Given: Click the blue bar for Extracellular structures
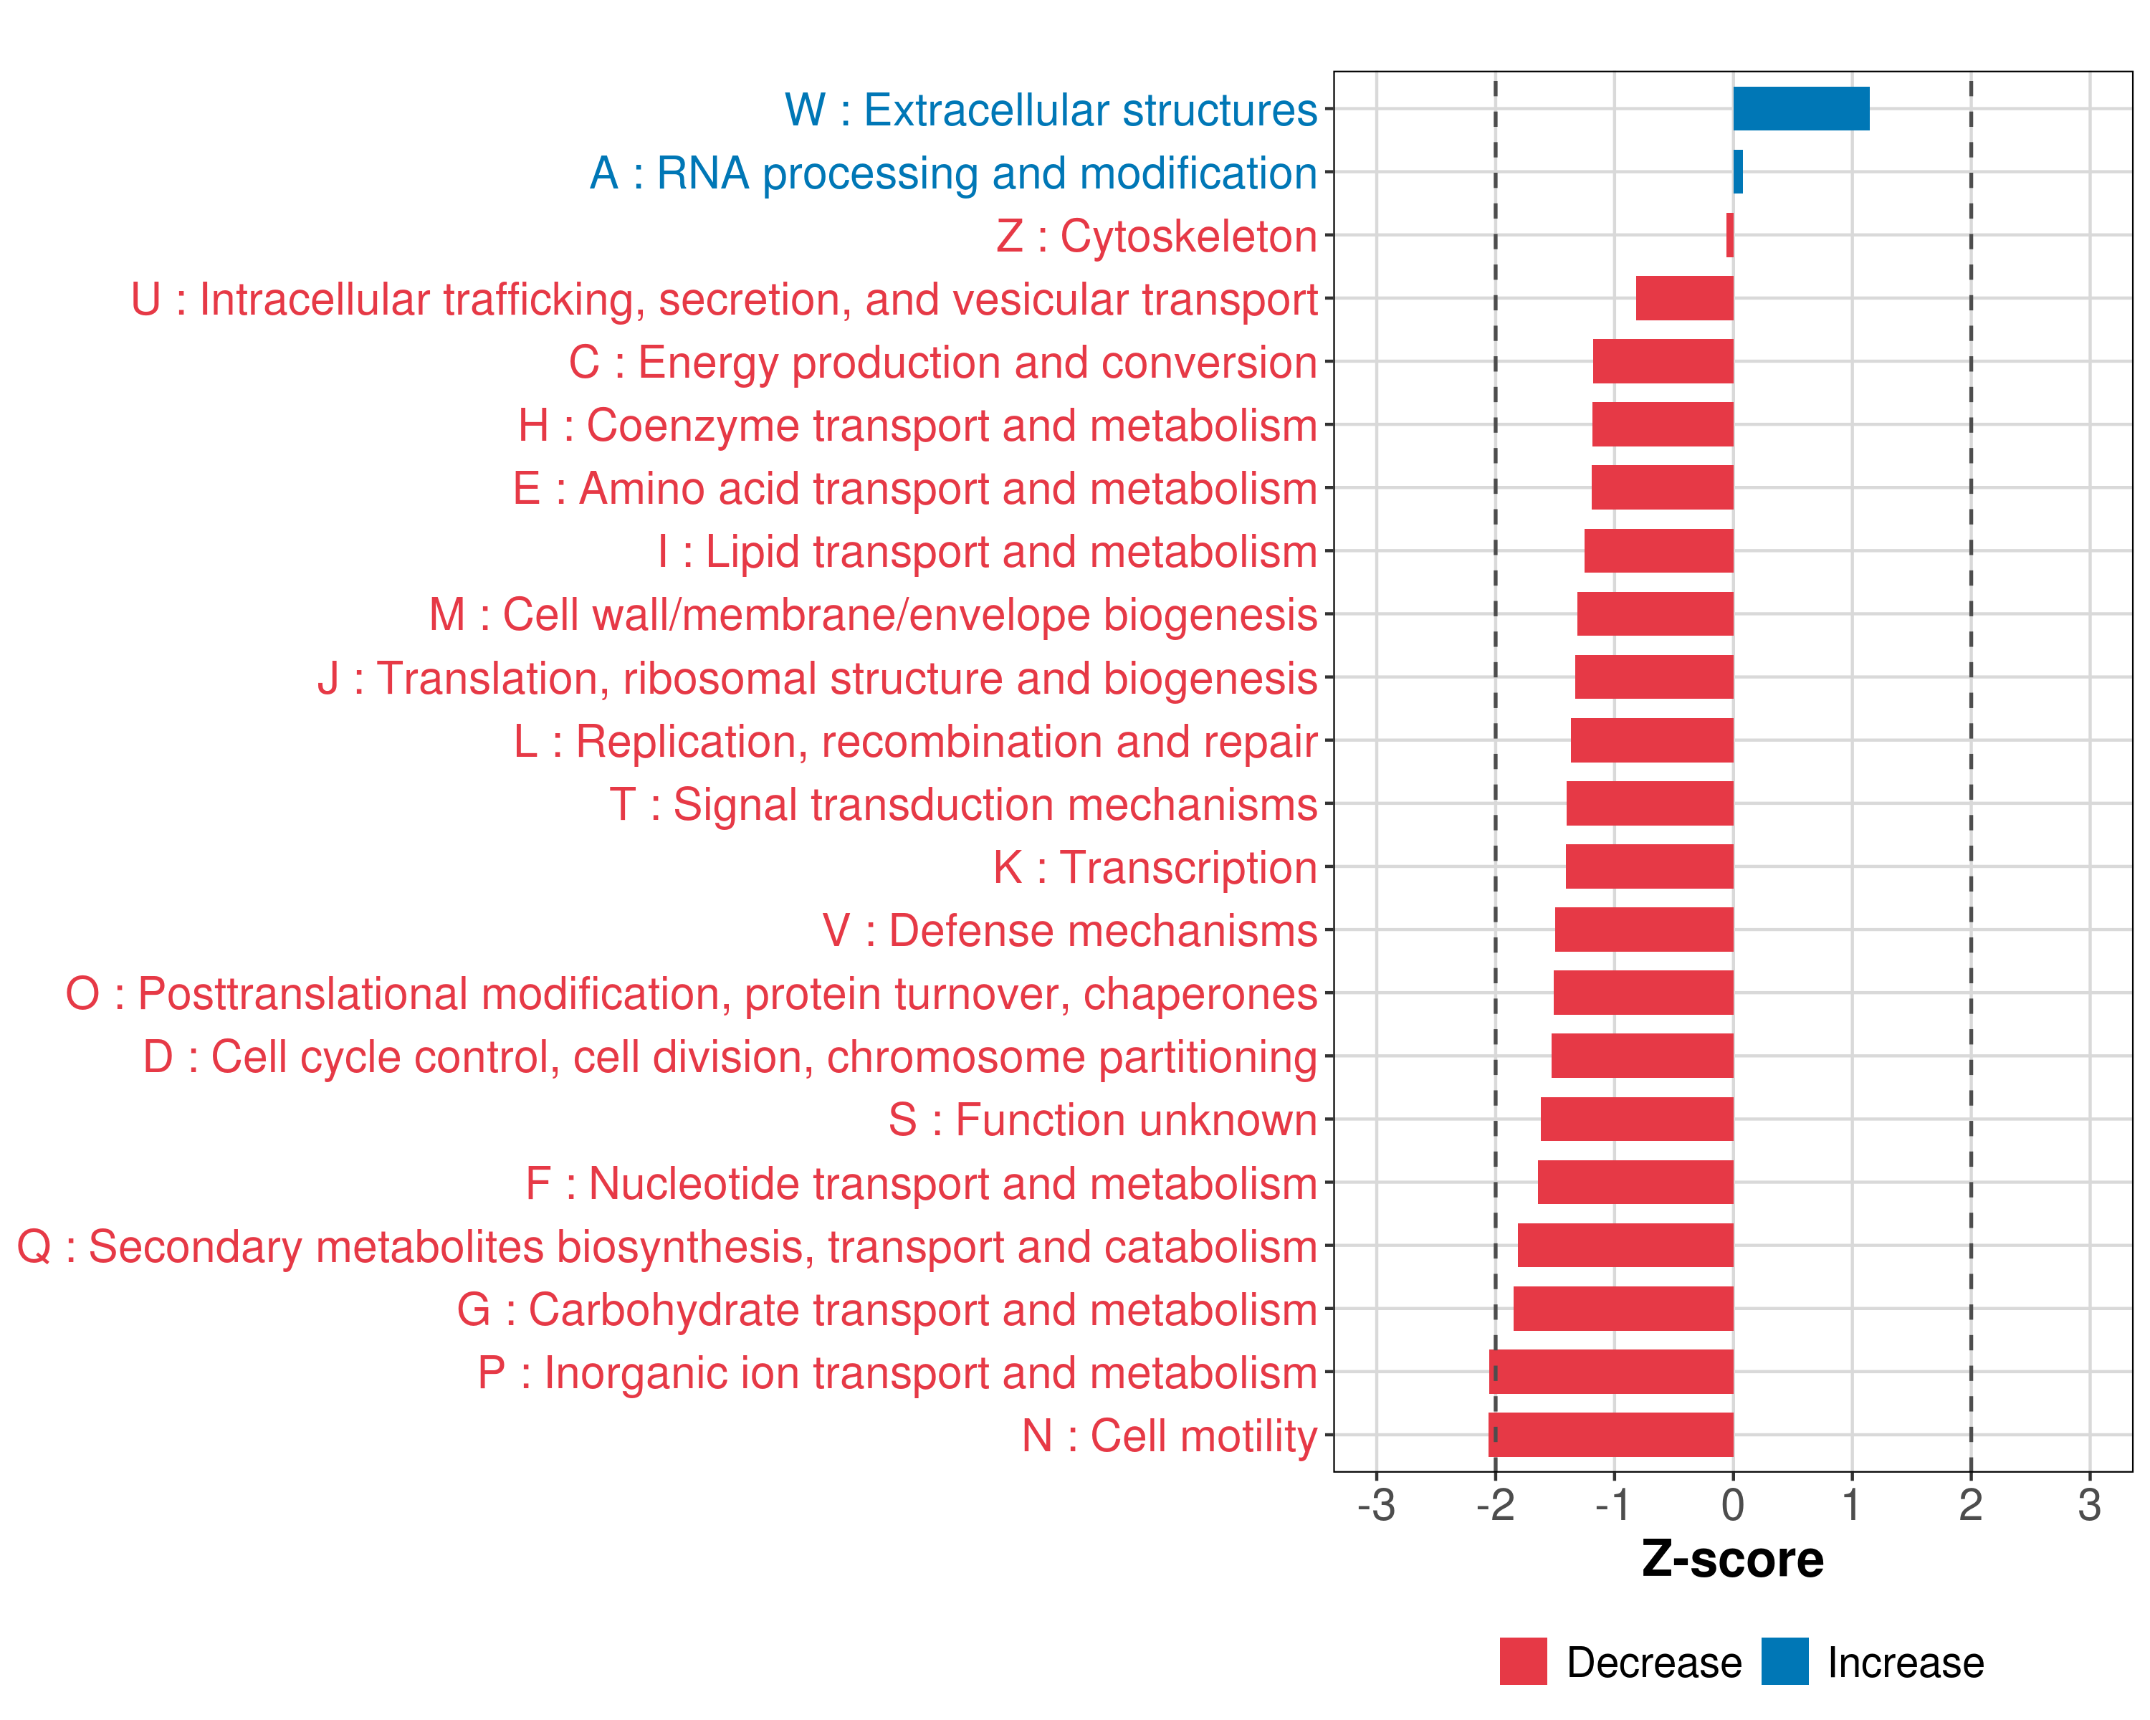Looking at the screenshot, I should pos(1800,109).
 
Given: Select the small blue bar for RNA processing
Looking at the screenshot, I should pos(1738,171).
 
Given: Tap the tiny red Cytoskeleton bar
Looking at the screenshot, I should pos(1730,235).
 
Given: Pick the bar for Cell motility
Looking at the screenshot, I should pos(1610,1435).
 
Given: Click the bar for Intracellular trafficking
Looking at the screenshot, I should pos(1684,298).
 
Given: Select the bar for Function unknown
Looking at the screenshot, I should pos(1636,1119).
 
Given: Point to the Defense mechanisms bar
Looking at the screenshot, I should pos(1643,930).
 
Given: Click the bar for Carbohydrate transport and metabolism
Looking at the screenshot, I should pos(1623,1308).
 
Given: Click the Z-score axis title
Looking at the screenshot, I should pos(1732,1559).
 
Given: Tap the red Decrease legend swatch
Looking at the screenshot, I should pos(1523,1661).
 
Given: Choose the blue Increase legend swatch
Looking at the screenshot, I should pos(1784,1661).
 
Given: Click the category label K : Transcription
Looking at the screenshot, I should pos(1155,867).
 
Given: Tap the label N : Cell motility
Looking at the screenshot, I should pos(1169,1435).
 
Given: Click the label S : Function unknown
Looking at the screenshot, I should pos(1102,1119).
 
